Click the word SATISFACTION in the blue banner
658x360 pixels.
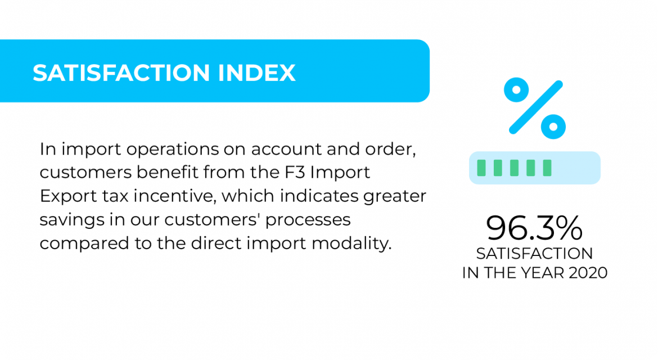pos(121,73)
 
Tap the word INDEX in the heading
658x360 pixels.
pos(256,73)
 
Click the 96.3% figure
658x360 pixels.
pos(534,228)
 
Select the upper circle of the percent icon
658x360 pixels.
pos(516,90)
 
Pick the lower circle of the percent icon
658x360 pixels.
pos(553,127)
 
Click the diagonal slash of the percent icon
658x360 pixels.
pos(535,107)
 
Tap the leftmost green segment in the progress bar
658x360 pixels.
pos(482,168)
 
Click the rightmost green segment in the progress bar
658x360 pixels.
pos(547,168)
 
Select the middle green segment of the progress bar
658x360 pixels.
pos(515,168)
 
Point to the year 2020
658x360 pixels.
pos(588,273)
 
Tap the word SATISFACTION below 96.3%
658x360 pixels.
pos(534,254)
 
